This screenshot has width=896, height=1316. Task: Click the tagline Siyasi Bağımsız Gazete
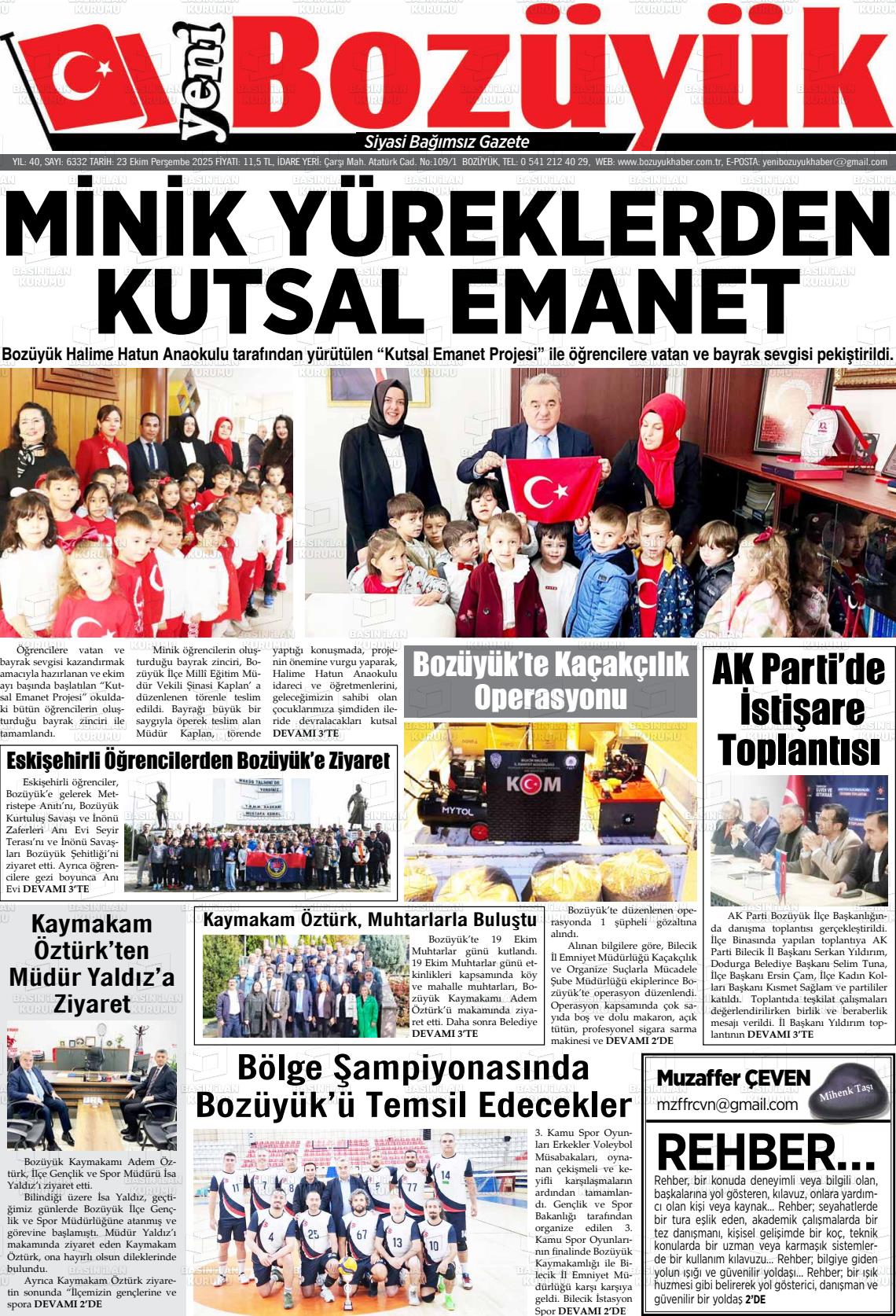click(447, 142)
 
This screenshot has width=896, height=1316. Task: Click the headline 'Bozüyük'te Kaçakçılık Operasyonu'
click(550, 680)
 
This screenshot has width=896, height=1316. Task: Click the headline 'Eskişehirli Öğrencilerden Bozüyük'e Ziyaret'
click(198, 760)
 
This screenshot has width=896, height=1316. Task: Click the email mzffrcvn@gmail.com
click(727, 1105)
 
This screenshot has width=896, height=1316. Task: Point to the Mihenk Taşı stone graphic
click(844, 1094)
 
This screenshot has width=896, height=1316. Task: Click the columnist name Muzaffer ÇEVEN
click(733, 1078)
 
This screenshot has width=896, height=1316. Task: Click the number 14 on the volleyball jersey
click(445, 1177)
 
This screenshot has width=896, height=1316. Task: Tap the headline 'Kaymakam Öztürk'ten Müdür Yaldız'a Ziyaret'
click(92, 963)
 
